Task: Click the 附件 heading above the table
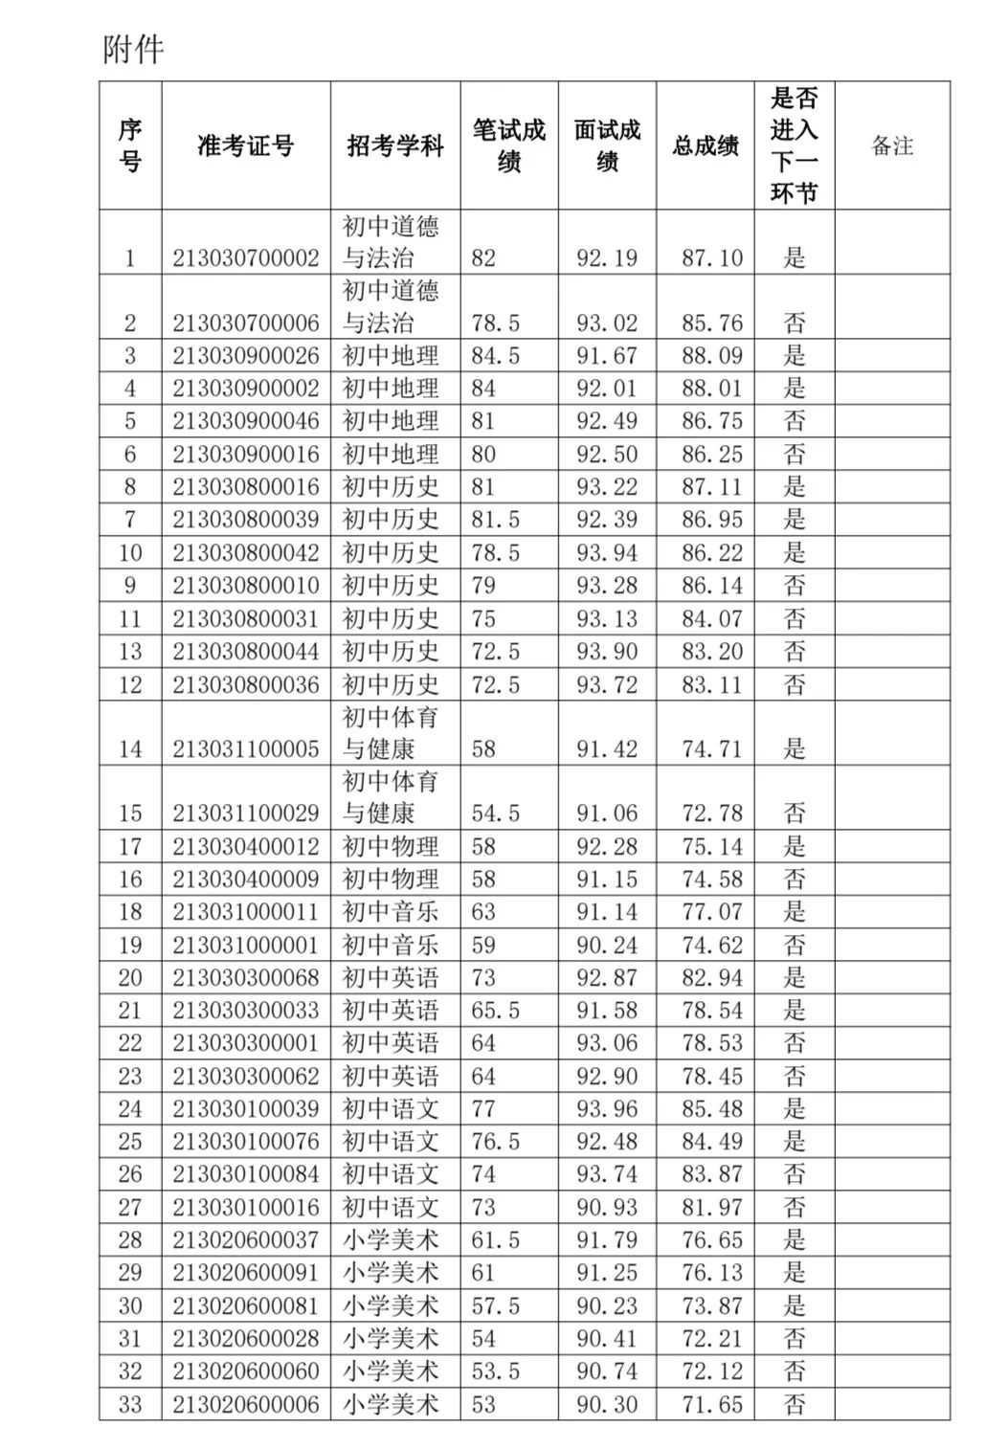tap(133, 49)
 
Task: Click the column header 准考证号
tap(245, 145)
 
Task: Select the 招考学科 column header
tap(394, 145)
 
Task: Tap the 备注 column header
tap(891, 145)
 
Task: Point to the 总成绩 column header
tap(705, 145)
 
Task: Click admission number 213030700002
tap(246, 258)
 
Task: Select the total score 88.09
tap(711, 356)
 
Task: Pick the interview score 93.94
tap(606, 553)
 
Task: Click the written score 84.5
tap(495, 356)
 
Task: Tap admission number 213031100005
tap(246, 749)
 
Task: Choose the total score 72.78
tap(711, 814)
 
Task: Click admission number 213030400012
tap(246, 847)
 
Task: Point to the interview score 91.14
tap(606, 912)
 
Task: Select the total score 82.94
tap(711, 978)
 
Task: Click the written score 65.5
tap(495, 1011)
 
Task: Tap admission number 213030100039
tap(246, 1109)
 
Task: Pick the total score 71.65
tap(711, 1405)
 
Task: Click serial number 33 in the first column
tap(130, 1405)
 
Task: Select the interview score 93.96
tap(606, 1109)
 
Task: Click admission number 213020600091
tap(246, 1273)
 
